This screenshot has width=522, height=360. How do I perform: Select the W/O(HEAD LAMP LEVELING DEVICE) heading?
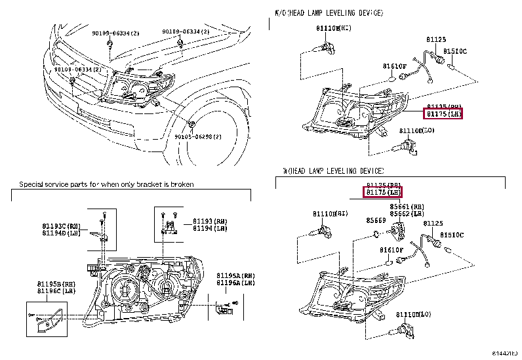[328, 13]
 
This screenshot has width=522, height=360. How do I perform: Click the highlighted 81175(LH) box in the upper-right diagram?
[444, 113]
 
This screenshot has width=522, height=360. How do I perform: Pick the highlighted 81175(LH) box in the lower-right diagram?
[383, 192]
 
